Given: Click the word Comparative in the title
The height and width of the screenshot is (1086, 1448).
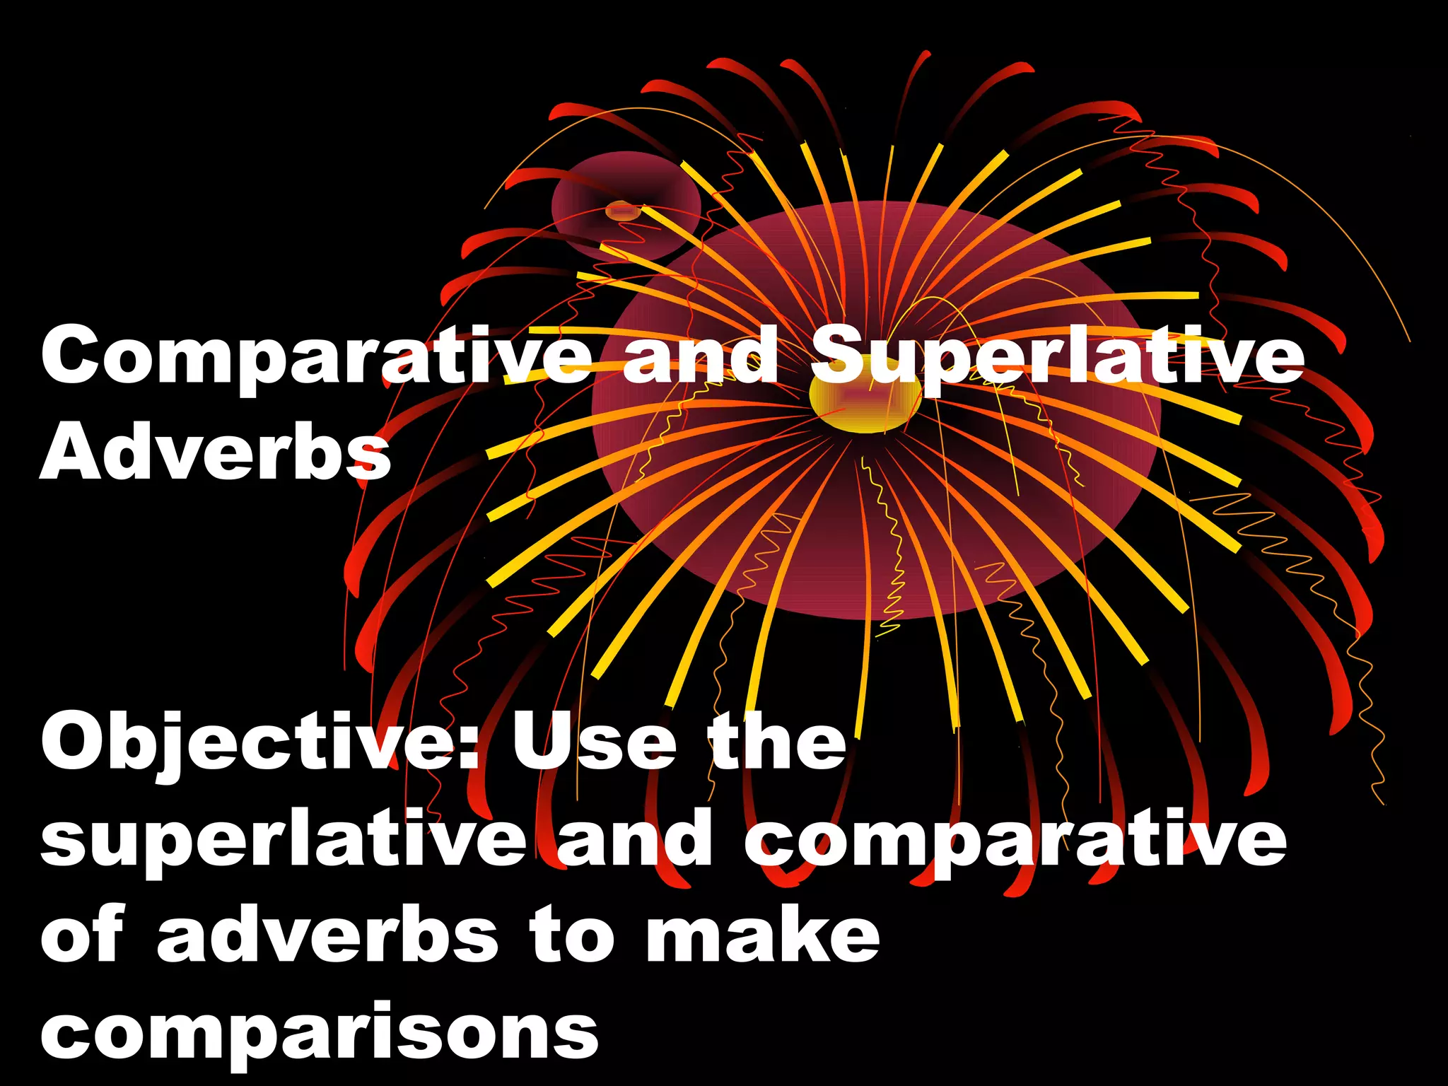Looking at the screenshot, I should coord(315,357).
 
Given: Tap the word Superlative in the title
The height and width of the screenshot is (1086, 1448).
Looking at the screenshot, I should coord(1056,357).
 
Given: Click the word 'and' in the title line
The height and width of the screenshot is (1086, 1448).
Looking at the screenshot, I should coord(700,357).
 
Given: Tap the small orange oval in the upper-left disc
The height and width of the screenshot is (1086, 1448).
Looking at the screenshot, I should coord(623,211).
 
